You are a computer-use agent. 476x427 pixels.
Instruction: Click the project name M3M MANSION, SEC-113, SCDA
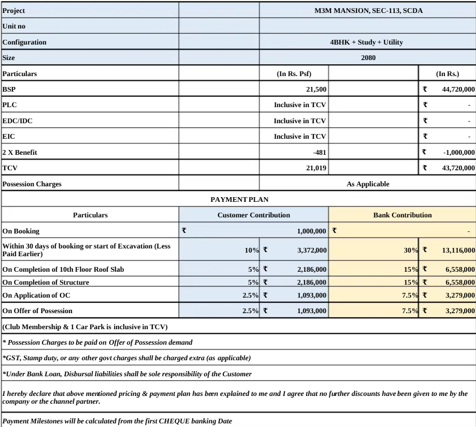click(x=367, y=10)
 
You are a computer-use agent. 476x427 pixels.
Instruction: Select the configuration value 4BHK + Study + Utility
click(x=367, y=42)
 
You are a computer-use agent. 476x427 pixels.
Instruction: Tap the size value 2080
click(x=368, y=58)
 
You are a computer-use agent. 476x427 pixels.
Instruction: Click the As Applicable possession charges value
click(x=368, y=184)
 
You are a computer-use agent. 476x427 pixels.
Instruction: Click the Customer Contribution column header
click(x=254, y=215)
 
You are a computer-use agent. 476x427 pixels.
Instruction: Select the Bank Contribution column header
click(x=402, y=215)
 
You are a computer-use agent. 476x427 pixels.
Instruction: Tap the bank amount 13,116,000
click(x=456, y=250)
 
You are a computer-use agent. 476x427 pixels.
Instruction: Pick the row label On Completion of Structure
click(x=46, y=282)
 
